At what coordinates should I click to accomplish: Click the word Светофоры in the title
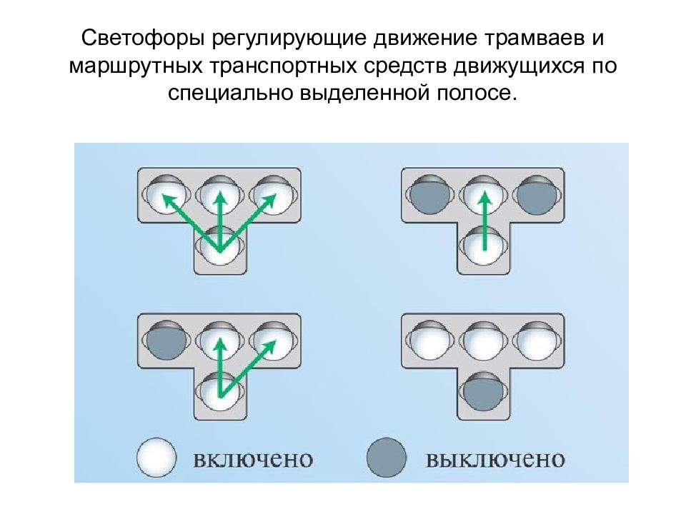coord(143,39)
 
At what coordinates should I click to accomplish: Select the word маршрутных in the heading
coord(136,66)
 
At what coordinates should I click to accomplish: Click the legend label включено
coord(253,459)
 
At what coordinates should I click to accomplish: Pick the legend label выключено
coord(494,459)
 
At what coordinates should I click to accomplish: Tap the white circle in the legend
coord(156,458)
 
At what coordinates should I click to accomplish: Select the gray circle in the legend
coord(387,458)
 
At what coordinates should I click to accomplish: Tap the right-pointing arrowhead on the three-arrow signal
coord(269,201)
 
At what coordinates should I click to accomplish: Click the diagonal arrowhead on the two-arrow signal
coord(269,347)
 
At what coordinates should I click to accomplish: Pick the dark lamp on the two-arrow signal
coord(166,341)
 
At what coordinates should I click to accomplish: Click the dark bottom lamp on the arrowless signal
coord(484,392)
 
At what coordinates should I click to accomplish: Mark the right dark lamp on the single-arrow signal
coord(537,195)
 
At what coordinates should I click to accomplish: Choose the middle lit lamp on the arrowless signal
coord(484,341)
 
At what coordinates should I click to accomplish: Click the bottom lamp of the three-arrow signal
coord(220,246)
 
